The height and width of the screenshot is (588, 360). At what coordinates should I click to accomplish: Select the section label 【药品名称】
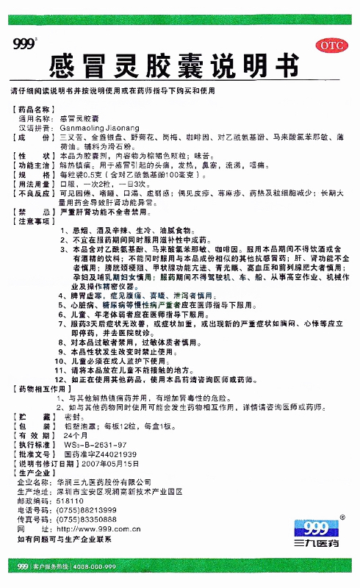(x=37, y=108)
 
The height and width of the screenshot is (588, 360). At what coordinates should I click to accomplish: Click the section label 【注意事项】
(x=37, y=220)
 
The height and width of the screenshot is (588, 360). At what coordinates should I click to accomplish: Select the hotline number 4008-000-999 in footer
(x=93, y=567)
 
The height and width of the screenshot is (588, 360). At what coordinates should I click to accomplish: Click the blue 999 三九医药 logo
(x=315, y=531)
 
